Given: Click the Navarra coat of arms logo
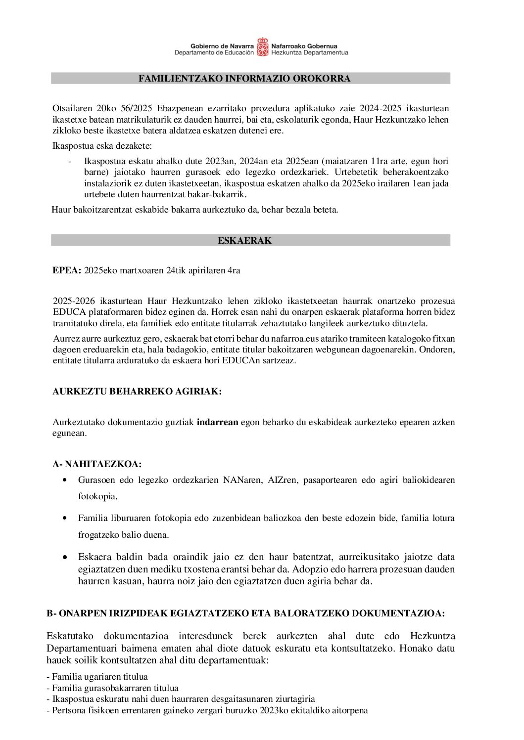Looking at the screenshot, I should (262, 47).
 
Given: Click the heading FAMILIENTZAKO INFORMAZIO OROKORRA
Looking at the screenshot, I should (244, 79).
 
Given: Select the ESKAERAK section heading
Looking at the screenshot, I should (244, 241).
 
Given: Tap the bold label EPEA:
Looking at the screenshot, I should (67, 270).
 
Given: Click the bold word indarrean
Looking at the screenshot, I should (217, 422).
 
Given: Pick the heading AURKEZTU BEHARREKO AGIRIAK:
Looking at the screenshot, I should (137, 392).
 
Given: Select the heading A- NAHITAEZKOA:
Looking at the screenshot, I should (97, 464).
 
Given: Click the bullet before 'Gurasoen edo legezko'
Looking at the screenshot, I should (65, 480).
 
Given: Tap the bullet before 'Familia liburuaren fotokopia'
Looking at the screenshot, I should (65, 518).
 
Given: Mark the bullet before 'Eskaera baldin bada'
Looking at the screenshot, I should (65, 557).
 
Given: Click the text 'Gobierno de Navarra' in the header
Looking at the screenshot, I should (222, 46).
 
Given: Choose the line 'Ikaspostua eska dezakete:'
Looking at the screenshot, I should (102, 146).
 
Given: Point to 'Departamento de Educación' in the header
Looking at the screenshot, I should (214, 52).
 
